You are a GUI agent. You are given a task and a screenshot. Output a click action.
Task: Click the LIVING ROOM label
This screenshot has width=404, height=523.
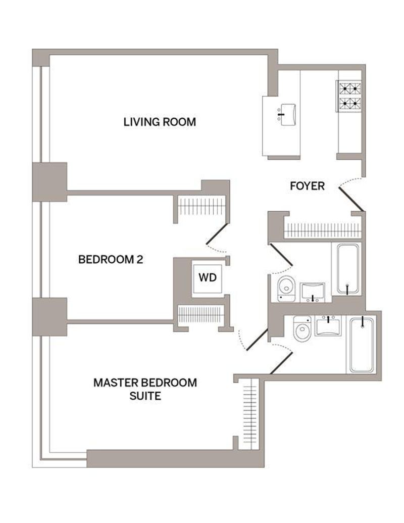coord(160,122)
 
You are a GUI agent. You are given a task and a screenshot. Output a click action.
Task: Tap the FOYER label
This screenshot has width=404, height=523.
coord(307,186)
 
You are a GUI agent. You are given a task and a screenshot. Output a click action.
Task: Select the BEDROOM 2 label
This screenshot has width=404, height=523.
coord(111,259)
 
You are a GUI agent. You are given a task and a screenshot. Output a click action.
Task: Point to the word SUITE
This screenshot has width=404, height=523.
coord(145,396)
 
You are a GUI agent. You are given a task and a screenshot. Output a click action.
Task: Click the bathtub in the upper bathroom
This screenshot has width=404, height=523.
coord(348,269)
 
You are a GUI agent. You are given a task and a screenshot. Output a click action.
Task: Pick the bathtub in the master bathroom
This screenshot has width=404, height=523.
coord(362,345)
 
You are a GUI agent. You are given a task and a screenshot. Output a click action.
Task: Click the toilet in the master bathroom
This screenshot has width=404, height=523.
coord(302,328)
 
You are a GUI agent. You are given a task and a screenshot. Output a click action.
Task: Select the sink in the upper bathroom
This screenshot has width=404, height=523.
coord(313,293)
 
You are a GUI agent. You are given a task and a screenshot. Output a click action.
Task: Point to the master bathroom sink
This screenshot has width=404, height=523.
coord(328,326)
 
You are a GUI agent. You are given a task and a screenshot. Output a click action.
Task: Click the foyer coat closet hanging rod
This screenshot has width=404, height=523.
coord(323,230)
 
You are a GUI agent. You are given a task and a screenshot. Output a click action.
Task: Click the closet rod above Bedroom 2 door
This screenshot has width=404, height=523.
coord(201,207)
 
